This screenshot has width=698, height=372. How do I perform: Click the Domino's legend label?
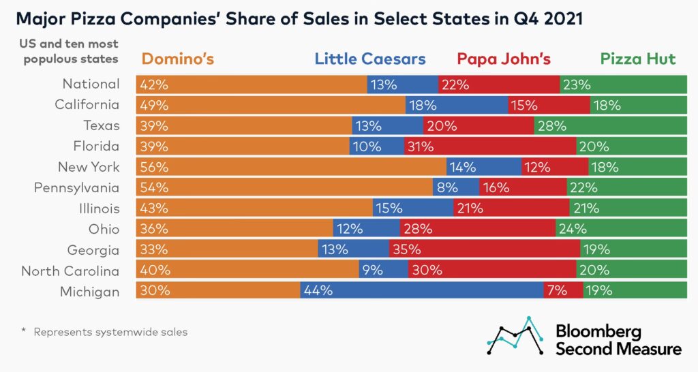point(178,59)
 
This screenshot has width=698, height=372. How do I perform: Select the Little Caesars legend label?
point(370,59)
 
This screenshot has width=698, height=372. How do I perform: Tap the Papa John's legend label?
point(504,59)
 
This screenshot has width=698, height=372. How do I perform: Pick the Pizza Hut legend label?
point(639,59)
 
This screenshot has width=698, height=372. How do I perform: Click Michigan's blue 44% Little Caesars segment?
point(422,291)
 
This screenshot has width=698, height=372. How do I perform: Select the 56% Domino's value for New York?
point(154,167)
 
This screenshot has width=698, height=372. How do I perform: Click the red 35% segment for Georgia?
point(485,249)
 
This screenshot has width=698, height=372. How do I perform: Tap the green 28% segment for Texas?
point(611,125)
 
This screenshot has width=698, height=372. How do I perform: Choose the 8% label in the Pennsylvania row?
point(451,187)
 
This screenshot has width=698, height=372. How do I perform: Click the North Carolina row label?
point(70,270)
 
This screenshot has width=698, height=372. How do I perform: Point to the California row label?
point(87,105)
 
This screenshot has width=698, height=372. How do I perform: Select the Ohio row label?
point(104,229)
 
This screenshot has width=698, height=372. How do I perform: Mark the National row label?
point(91,84)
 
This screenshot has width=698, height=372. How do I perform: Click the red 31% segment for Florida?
point(489,146)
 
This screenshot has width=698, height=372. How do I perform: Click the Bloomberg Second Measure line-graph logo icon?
point(515,335)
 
